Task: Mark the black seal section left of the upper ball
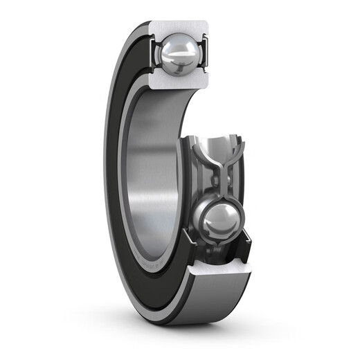pos(150,52)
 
